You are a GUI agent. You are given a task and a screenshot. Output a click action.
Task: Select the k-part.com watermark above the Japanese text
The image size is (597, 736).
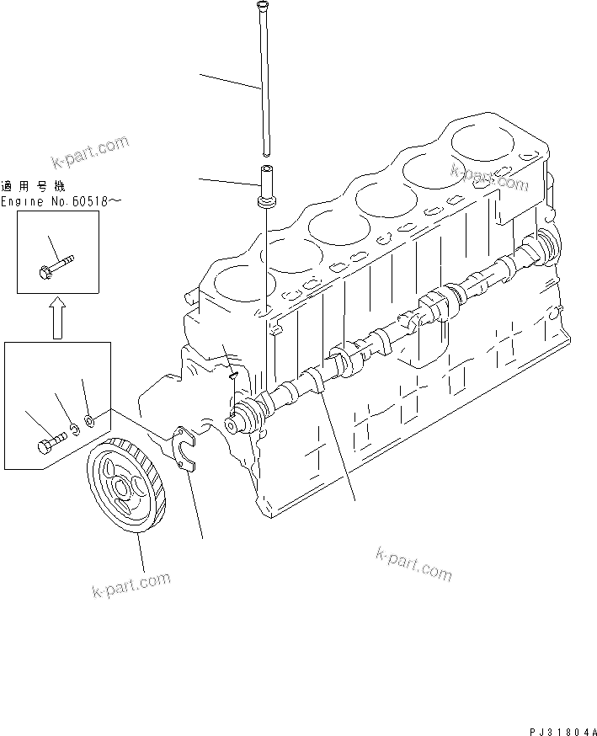89,152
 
